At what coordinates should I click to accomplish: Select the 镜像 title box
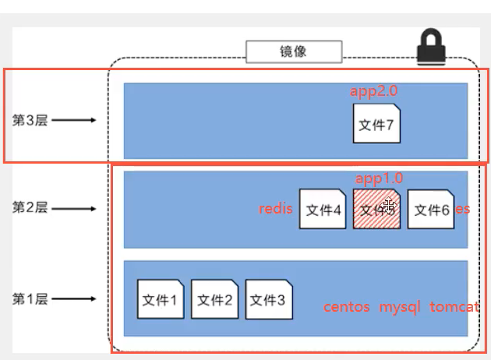coord(294,52)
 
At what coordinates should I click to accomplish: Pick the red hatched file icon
coord(377,209)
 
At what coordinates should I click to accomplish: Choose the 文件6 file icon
coord(431,209)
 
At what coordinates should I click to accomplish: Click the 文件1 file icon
coord(161,299)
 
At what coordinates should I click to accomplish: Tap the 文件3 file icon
coord(269,299)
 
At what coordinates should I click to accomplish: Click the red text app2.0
coord(374,91)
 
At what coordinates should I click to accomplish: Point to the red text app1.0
coord(380,178)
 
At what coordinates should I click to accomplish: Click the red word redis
coord(276,209)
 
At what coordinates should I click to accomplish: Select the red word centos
coord(347,307)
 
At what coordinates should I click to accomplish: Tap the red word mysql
coord(400,307)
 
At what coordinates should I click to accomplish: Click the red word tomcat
coord(454,307)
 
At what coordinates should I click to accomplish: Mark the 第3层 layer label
coord(30,121)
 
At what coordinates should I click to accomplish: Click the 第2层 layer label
coord(30,208)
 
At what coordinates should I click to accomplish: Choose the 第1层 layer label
coord(30,298)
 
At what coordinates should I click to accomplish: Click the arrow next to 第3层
coord(75,121)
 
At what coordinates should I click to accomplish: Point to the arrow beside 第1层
coord(75,298)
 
